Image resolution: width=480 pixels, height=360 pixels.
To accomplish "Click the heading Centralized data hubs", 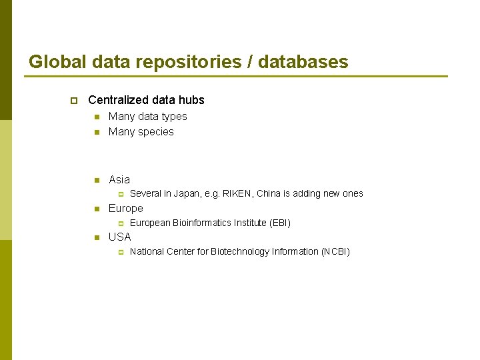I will pyautogui.click(x=146, y=100).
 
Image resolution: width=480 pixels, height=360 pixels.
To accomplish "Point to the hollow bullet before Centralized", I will pyautogui.click(x=73, y=101).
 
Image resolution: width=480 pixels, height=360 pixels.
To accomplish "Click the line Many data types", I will pyautogui.click(x=147, y=116).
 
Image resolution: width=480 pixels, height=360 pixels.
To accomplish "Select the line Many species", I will pyautogui.click(x=141, y=131).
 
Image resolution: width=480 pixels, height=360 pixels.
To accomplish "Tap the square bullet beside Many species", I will pyautogui.click(x=97, y=132).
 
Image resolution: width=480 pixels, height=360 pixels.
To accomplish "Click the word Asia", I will pyautogui.click(x=119, y=179).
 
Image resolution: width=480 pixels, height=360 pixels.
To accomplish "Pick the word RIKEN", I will pyautogui.click(x=238, y=193).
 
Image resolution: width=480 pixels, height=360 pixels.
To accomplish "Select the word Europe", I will pyautogui.click(x=125, y=208).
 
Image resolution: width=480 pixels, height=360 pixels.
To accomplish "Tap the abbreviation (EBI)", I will pyautogui.click(x=279, y=223).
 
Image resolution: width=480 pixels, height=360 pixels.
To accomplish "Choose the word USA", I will pyautogui.click(x=120, y=237).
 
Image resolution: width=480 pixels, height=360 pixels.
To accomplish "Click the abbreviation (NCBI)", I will pyautogui.click(x=335, y=251).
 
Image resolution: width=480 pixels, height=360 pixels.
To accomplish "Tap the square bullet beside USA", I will pyautogui.click(x=97, y=237).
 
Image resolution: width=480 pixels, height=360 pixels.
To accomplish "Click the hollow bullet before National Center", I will pyautogui.click(x=121, y=252).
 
